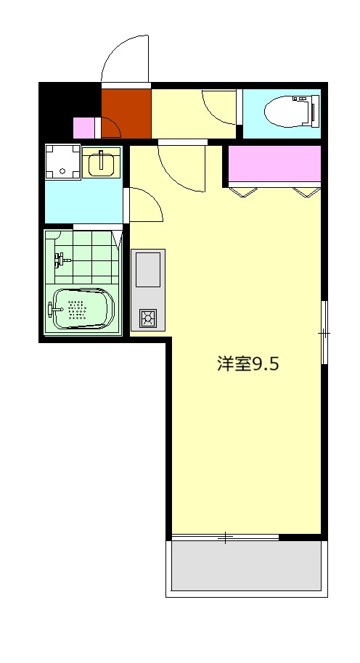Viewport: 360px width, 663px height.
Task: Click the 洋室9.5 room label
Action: pyautogui.click(x=247, y=364)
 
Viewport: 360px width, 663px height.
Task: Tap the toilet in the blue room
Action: pyautogui.click(x=290, y=112)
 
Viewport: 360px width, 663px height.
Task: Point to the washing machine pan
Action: pyautogui.click(x=62, y=162)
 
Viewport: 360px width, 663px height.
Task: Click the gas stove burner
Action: pyautogui.click(x=147, y=317)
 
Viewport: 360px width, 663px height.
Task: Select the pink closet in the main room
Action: pyautogui.click(x=274, y=165)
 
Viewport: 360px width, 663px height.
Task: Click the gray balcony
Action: pyautogui.click(x=245, y=565)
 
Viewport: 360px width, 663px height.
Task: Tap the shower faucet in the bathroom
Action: pyautogui.click(x=62, y=258)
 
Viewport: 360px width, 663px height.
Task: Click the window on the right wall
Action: pyautogui.click(x=324, y=332)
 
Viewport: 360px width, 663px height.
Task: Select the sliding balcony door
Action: pyautogui.click(x=225, y=538)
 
